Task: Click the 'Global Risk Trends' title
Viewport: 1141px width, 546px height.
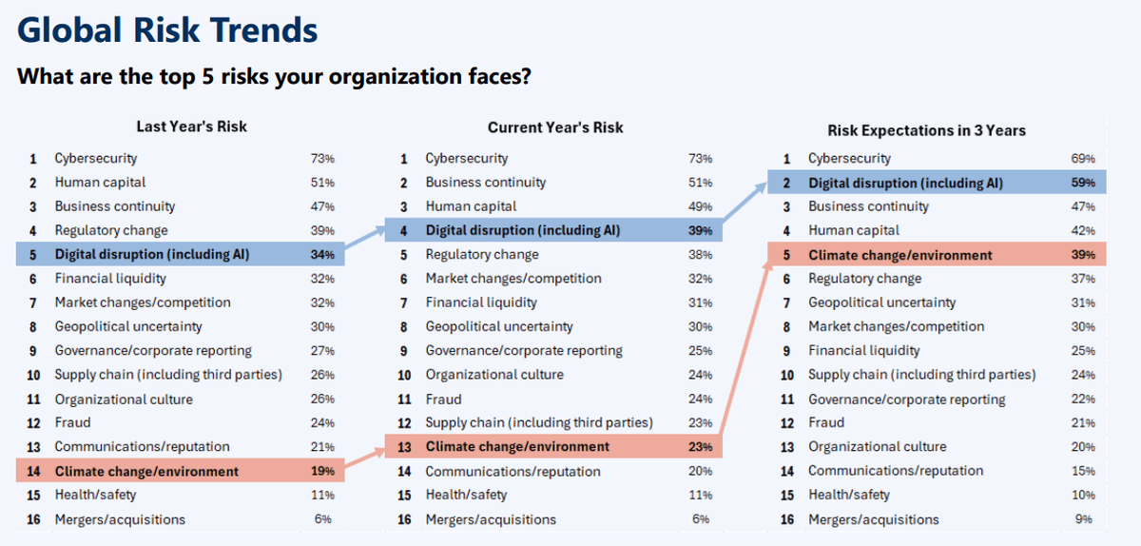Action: [x=167, y=30]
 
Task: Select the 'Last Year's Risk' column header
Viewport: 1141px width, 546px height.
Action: [x=191, y=127]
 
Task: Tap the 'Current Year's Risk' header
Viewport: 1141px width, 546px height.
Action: [x=555, y=127]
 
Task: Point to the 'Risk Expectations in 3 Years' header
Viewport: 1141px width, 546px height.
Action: [x=926, y=130]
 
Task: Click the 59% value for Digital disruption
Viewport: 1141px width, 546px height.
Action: [x=1083, y=183]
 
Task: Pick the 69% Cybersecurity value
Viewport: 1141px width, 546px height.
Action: [x=1083, y=159]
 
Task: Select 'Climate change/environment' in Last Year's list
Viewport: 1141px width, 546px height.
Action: [x=146, y=471]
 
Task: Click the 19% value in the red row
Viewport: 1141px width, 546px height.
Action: [x=322, y=471]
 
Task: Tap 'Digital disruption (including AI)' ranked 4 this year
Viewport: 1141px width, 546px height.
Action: [x=522, y=230]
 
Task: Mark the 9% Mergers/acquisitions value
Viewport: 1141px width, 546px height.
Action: [x=1083, y=519]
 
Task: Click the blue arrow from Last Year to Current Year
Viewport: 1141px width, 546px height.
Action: [x=365, y=241]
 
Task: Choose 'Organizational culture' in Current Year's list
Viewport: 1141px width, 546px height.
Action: [x=494, y=375]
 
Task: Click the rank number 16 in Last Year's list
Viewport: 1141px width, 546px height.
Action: [x=33, y=519]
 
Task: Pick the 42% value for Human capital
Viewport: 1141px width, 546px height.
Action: [x=1083, y=230]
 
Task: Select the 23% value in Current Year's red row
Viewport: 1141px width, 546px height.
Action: [x=701, y=447]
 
